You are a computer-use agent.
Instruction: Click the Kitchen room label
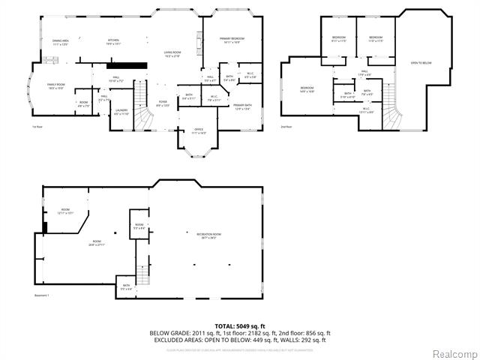click(114, 41)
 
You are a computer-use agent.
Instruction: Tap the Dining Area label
click(61, 42)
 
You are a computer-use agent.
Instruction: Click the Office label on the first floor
click(199, 130)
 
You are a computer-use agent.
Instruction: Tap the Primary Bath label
click(242, 106)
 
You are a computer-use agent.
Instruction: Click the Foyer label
click(162, 103)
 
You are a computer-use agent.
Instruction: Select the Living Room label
click(173, 54)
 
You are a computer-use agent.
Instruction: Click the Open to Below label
click(420, 63)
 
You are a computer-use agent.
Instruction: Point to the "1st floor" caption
click(37, 128)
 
